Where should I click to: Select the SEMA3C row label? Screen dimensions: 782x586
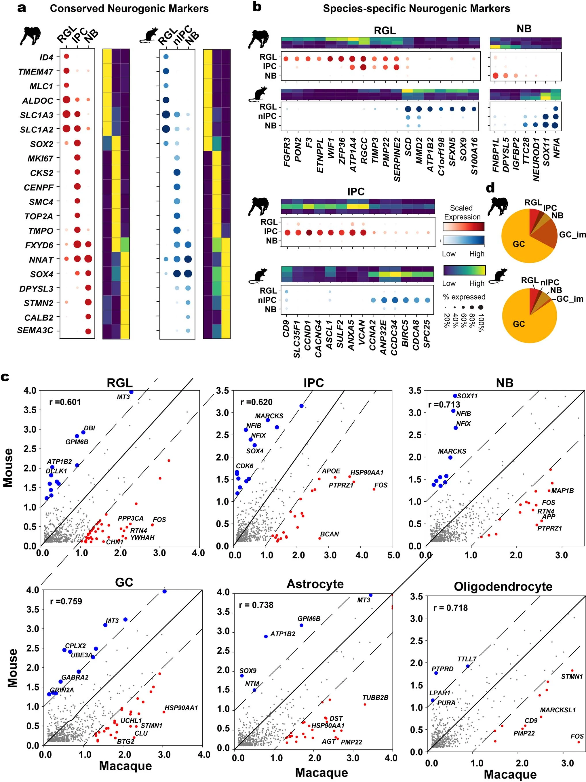35,330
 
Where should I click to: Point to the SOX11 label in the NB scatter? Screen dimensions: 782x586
467,396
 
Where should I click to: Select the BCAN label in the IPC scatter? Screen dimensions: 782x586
329,534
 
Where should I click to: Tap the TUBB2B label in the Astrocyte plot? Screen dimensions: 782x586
375,697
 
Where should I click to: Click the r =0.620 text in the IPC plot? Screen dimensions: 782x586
256,402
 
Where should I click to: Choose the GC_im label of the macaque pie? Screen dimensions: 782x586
572,235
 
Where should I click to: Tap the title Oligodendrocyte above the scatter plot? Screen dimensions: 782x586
503,587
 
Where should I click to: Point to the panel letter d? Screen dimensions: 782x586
490,188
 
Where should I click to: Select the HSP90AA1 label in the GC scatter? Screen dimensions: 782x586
181,708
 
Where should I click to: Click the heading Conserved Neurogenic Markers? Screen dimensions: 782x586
129,8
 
